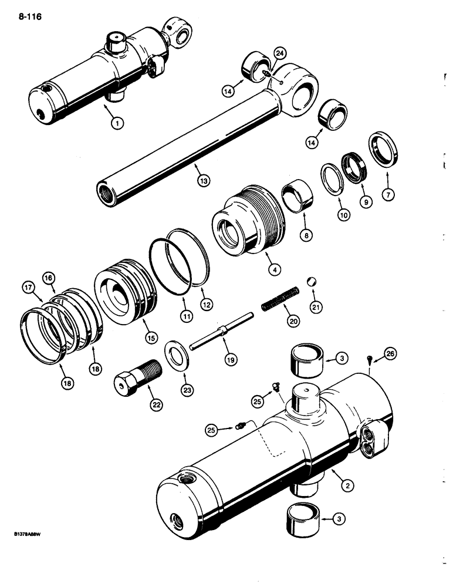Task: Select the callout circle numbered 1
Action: click(x=117, y=123)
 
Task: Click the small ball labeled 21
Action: click(x=313, y=282)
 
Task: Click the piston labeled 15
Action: click(x=124, y=295)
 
